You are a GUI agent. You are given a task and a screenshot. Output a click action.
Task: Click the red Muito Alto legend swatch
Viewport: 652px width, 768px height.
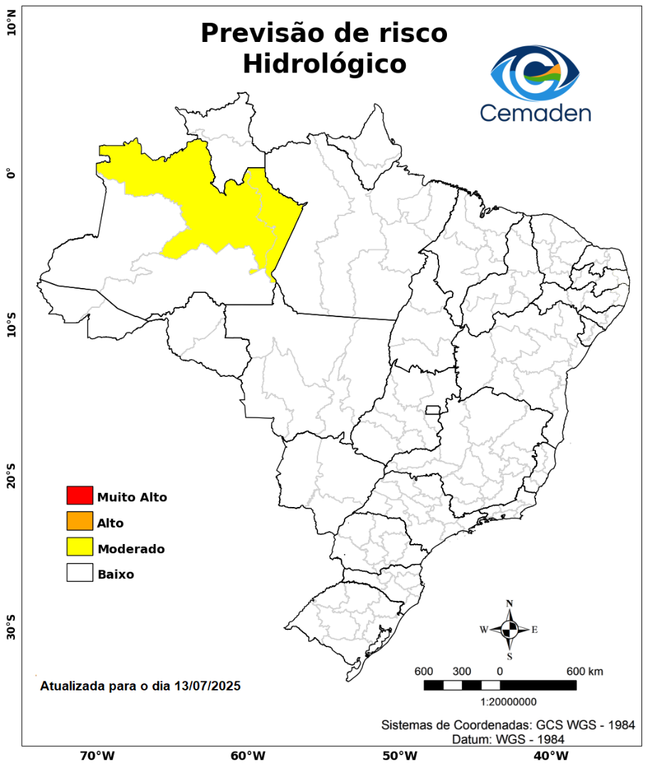[x=80, y=495]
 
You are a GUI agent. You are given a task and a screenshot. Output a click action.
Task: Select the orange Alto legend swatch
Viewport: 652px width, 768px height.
[x=80, y=521]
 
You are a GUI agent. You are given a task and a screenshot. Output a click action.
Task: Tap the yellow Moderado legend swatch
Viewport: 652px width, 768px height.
[x=80, y=547]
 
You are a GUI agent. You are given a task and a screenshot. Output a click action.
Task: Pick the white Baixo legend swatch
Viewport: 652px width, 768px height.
[x=80, y=572]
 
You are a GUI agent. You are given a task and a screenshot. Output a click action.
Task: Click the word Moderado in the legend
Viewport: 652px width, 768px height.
[x=131, y=549]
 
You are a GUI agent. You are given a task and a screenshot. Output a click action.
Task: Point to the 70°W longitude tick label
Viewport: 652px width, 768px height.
[x=98, y=755]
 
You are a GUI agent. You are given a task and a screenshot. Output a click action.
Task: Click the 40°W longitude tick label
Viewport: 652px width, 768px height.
[x=549, y=755]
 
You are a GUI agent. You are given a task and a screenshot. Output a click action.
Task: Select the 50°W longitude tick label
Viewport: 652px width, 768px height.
[x=399, y=755]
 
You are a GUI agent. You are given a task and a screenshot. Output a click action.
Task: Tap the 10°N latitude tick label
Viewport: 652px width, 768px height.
[x=11, y=28]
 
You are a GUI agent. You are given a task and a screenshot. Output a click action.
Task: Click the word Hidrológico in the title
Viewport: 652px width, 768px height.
[x=325, y=64]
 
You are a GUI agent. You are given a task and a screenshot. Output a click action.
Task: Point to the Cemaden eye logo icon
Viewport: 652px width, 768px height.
[x=535, y=73]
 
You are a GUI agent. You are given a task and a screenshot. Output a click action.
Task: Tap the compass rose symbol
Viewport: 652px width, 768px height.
[x=510, y=629]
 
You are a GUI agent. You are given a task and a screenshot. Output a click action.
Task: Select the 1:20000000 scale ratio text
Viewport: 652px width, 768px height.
[x=509, y=702]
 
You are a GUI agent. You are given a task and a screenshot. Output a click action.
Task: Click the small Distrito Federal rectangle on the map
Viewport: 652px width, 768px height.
[x=433, y=410]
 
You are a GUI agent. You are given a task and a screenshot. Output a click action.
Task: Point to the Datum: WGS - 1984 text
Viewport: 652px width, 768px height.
[x=508, y=740]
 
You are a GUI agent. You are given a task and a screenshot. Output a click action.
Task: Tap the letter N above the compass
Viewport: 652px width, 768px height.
[x=510, y=604]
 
